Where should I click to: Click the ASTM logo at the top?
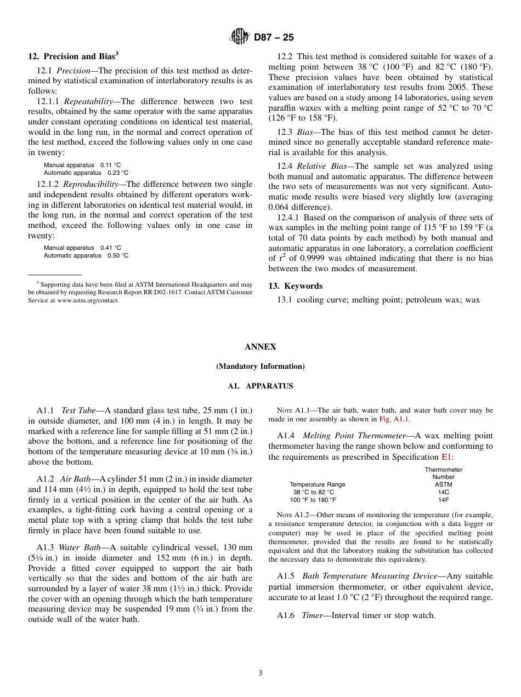[x=240, y=37]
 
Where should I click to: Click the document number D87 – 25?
[x=274, y=38]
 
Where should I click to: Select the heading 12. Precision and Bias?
[x=73, y=56]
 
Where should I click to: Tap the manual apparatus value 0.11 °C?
[x=110, y=165]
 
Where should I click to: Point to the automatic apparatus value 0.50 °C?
[x=117, y=255]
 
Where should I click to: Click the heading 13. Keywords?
[x=296, y=286]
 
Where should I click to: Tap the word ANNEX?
[x=260, y=347]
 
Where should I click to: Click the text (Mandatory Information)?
[x=260, y=366]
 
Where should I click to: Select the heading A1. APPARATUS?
[x=260, y=386]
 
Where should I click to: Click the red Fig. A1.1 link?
[x=394, y=419]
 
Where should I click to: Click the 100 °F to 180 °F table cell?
[x=313, y=500]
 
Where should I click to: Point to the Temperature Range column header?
[x=318, y=484]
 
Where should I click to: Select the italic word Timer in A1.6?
[x=313, y=615]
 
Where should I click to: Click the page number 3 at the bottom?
[x=260, y=673]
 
